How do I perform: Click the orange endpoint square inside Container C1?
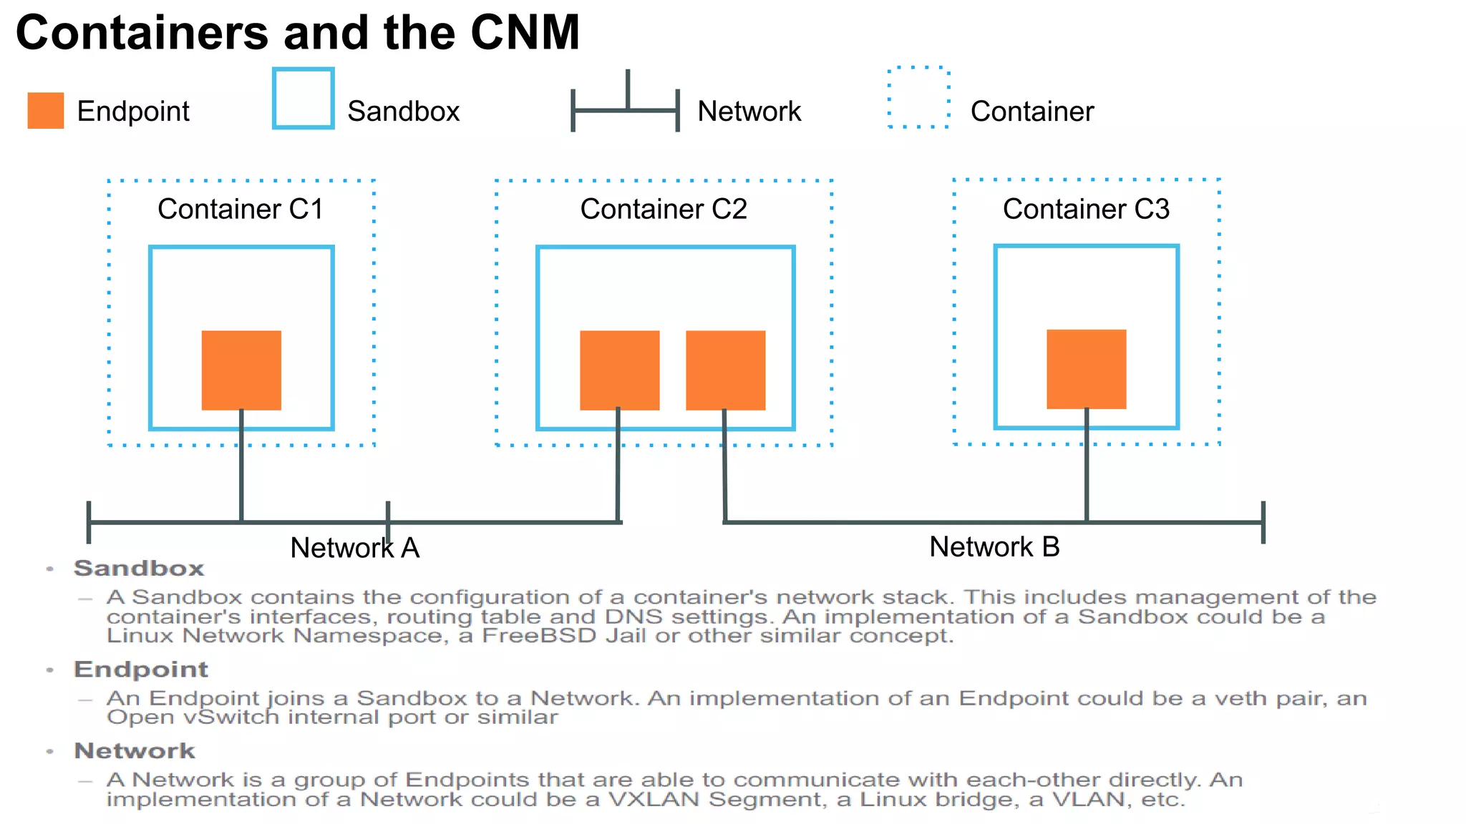click(241, 370)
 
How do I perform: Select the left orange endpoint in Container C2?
click(619, 370)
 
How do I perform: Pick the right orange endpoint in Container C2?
click(725, 370)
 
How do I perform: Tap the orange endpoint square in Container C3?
click(1086, 369)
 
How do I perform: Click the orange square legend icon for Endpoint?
click(46, 110)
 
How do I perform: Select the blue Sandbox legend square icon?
click(303, 99)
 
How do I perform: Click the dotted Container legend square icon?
click(918, 98)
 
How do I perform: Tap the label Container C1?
click(241, 209)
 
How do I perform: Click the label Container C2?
click(664, 209)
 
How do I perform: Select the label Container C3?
click(1086, 209)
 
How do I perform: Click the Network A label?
click(354, 549)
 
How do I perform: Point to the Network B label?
click(994, 547)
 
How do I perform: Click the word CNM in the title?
click(525, 33)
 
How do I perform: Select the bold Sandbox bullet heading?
click(139, 569)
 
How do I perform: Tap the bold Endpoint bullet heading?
click(141, 669)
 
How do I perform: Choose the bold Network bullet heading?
click(135, 751)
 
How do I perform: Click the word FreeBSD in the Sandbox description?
click(539, 636)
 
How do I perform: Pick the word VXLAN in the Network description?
click(653, 800)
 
